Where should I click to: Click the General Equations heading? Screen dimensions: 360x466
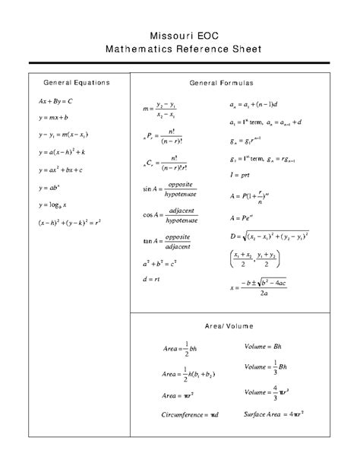click(77, 81)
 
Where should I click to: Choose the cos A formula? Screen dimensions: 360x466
click(167, 215)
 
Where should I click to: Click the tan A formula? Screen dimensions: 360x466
click(167, 243)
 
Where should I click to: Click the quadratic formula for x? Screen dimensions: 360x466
click(263, 287)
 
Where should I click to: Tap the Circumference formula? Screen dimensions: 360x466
click(190, 414)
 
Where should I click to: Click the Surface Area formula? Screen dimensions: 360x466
click(273, 414)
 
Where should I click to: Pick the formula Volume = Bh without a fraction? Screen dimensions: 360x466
click(264, 346)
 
